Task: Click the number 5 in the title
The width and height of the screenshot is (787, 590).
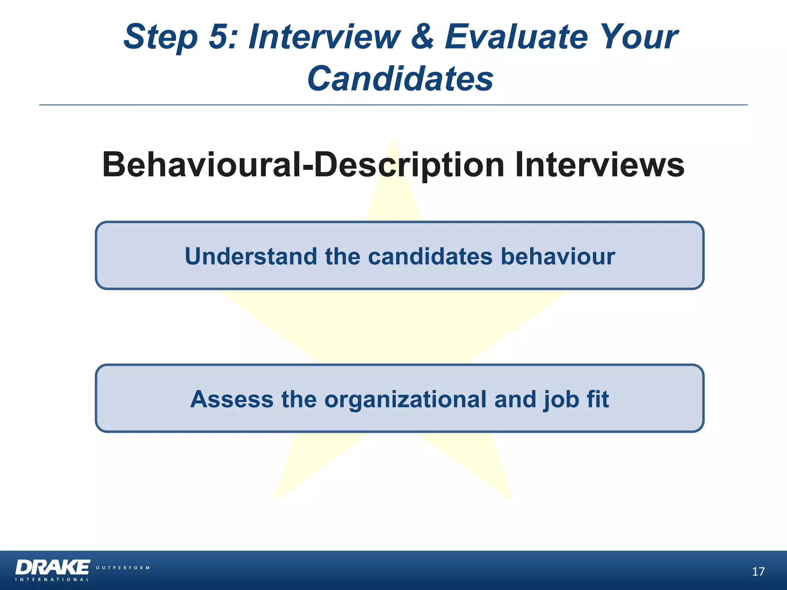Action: (x=221, y=37)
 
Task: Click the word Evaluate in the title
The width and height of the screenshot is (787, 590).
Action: (x=516, y=37)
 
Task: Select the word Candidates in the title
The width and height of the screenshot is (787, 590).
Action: (x=400, y=79)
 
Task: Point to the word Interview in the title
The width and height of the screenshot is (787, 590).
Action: (x=324, y=37)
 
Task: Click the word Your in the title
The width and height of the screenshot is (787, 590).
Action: (x=638, y=37)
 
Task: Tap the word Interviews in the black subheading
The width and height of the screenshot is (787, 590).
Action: (x=599, y=165)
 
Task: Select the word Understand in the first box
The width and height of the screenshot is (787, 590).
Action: (x=251, y=256)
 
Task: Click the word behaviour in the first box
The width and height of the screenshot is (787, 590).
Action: (x=558, y=256)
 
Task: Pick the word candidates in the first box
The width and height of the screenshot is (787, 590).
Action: (x=430, y=256)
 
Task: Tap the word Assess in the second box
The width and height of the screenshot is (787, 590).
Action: (x=232, y=399)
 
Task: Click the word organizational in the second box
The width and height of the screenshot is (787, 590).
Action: (x=405, y=400)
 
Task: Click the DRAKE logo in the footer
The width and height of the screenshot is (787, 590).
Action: (x=53, y=567)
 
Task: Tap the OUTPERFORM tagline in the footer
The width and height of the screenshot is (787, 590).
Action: (x=123, y=568)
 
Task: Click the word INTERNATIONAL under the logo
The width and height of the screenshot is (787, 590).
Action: (x=52, y=580)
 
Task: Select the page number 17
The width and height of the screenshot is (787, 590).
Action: (x=758, y=572)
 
